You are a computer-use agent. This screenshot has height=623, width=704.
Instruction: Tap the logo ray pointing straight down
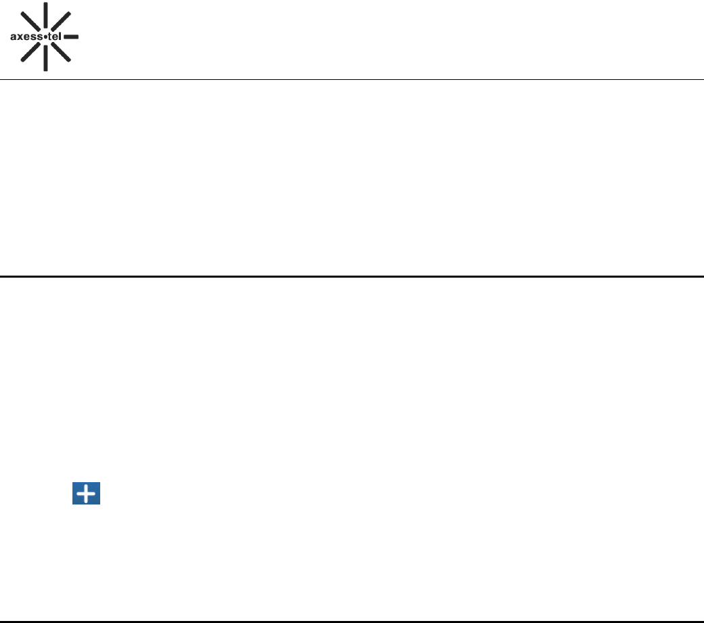(45, 60)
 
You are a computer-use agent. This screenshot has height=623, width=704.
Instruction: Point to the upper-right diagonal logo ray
(62, 20)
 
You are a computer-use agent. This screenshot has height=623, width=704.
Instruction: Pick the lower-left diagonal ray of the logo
(28, 54)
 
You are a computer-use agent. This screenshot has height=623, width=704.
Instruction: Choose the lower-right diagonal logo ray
(62, 54)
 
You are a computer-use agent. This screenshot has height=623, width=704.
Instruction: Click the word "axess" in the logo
(25, 37)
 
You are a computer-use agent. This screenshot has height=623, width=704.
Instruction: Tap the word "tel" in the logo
(53, 37)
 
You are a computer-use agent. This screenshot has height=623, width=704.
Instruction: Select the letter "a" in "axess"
(14, 37)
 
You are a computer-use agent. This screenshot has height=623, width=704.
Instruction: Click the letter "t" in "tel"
(48, 37)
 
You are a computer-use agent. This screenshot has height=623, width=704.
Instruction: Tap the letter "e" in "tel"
(54, 37)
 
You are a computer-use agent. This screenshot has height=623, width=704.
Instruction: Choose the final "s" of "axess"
(37, 37)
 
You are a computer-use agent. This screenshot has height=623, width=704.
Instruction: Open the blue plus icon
(87, 496)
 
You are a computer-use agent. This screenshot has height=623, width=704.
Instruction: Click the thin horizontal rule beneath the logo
(352, 80)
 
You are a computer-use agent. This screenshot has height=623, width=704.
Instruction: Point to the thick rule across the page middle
(352, 276)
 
